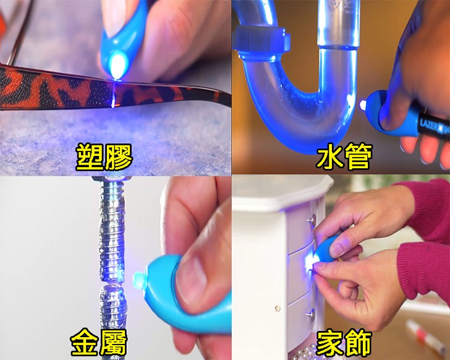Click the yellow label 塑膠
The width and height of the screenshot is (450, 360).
(104, 157)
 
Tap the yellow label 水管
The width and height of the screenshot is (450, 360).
(344, 156)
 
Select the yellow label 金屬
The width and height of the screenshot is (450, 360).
(99, 342)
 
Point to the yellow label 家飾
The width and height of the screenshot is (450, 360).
(344, 343)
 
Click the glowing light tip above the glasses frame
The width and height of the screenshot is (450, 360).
(117, 64)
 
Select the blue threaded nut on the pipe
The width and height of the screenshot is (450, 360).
(261, 40)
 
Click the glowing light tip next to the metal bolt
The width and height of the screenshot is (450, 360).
(139, 280)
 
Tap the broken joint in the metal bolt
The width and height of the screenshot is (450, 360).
(112, 283)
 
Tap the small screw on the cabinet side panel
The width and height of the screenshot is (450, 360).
(277, 309)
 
